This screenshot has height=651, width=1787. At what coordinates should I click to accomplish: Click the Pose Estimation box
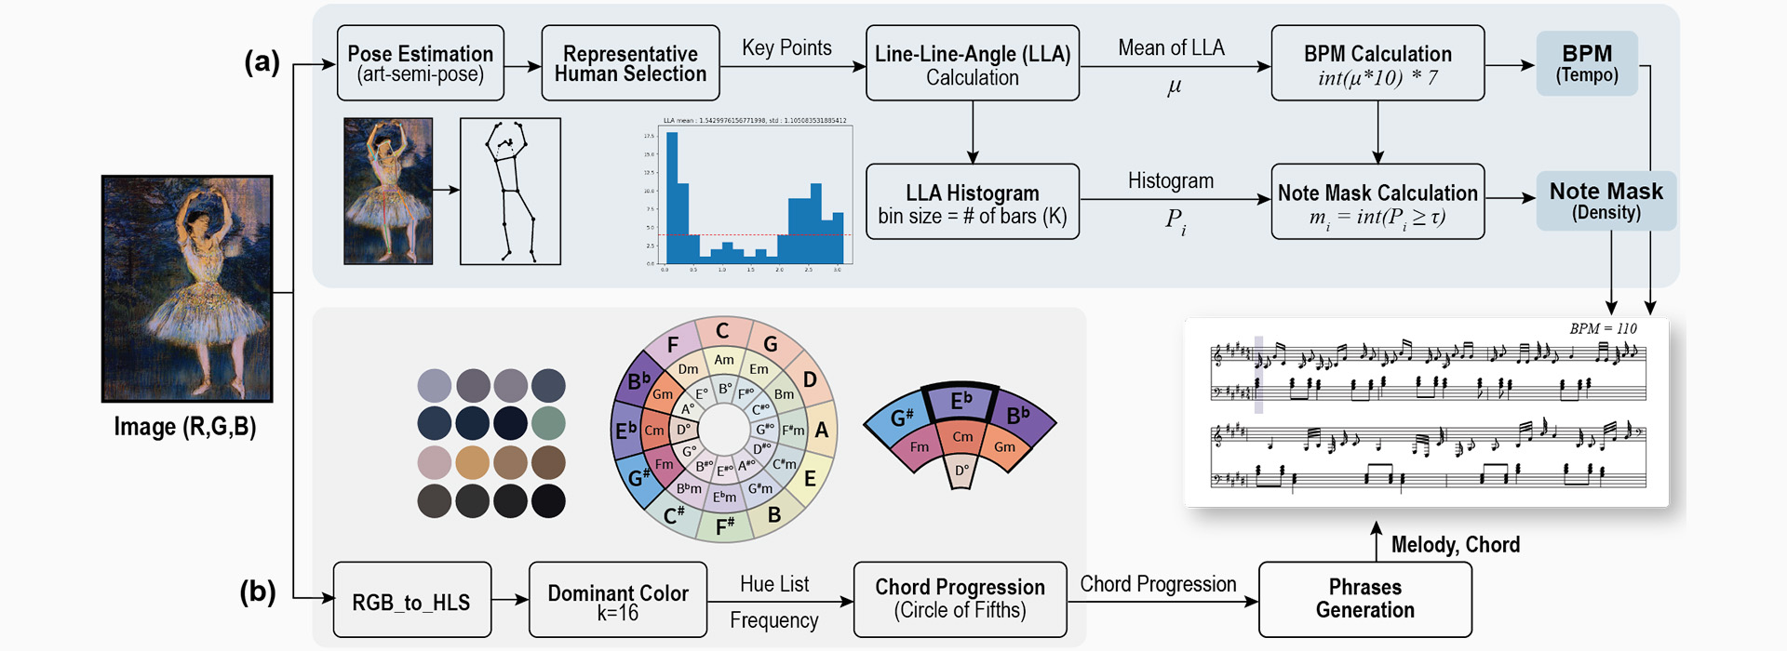(x=420, y=63)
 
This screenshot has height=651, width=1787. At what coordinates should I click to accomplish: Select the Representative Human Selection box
(x=630, y=63)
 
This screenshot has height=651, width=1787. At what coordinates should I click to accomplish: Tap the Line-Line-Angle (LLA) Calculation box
(x=972, y=63)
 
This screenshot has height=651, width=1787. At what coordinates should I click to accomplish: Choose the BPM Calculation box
(x=1377, y=63)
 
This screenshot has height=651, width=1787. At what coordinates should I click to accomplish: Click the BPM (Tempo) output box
(x=1586, y=63)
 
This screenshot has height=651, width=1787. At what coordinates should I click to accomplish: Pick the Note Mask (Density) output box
(x=1606, y=200)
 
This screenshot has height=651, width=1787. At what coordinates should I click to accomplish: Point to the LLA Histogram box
(x=972, y=202)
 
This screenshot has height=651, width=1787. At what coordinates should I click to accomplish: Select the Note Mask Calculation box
(x=1377, y=202)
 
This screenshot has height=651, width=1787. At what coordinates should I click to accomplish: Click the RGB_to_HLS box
(x=411, y=600)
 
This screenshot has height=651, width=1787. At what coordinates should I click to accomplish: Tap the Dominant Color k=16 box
(x=617, y=600)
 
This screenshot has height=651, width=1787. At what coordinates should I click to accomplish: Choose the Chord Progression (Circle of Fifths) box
(x=960, y=600)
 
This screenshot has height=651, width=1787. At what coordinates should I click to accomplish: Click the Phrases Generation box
(x=1364, y=600)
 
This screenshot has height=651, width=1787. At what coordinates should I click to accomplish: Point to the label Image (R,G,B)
(x=184, y=427)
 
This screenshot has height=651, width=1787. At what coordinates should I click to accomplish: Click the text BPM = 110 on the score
(x=1603, y=328)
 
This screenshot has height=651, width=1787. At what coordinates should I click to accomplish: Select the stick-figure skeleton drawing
(x=510, y=191)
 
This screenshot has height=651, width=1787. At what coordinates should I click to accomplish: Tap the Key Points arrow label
(x=786, y=48)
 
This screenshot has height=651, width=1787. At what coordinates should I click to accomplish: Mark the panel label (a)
(x=262, y=62)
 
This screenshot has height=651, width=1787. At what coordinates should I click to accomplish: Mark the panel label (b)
(x=258, y=592)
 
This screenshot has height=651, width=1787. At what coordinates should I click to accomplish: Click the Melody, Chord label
(x=1455, y=545)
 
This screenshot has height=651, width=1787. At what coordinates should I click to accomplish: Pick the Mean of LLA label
(x=1171, y=48)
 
